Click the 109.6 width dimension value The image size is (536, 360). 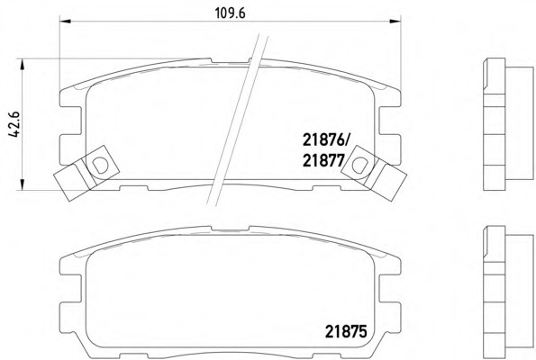[x=230, y=13]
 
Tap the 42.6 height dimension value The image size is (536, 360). [x=14, y=124]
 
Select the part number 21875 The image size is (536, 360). [x=346, y=331]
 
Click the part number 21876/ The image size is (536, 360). [x=325, y=140]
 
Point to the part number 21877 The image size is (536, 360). [x=323, y=160]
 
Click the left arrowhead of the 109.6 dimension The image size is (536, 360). [x=65, y=22]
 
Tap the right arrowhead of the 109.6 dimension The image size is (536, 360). [x=395, y=22]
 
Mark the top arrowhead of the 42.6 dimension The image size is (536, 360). [x=23, y=64]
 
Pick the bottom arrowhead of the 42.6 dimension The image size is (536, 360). [x=23, y=184]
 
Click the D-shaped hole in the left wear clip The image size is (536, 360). [x=100, y=165]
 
